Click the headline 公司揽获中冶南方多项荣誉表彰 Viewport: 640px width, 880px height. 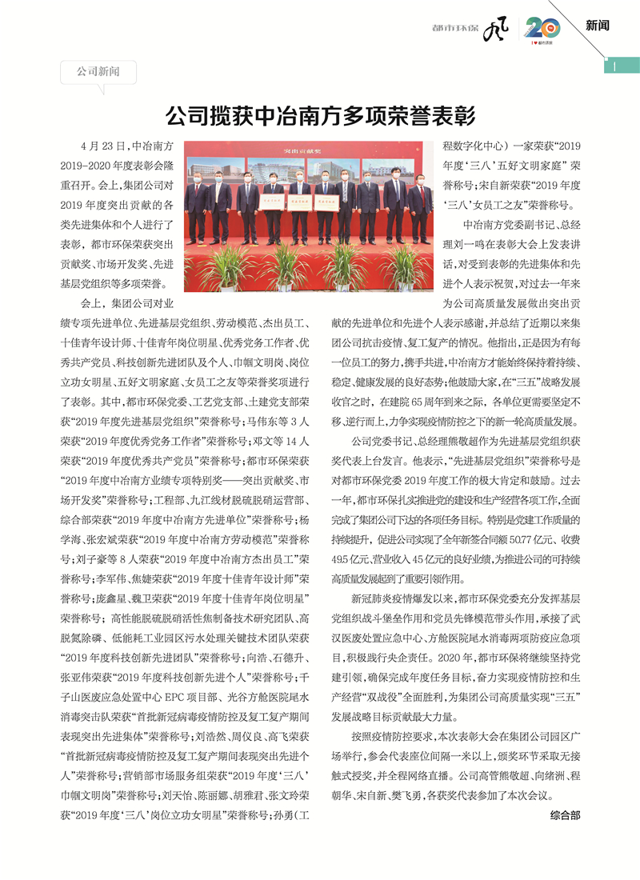[x=319, y=116]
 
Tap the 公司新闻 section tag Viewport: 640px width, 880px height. [x=98, y=72]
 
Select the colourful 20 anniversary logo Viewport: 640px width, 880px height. [x=543, y=29]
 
